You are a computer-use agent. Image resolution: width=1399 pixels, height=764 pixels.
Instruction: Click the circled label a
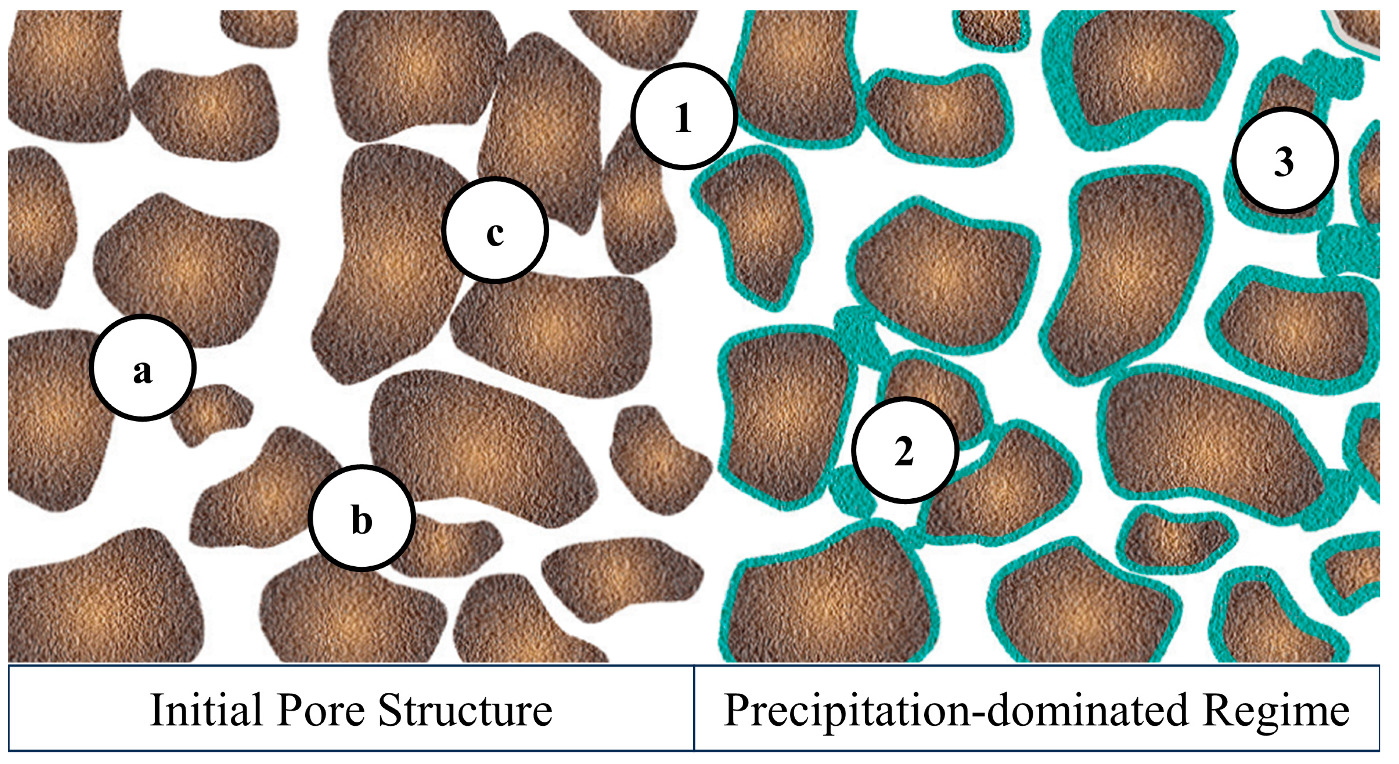pos(142,368)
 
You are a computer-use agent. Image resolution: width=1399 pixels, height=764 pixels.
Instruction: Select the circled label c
pos(495,230)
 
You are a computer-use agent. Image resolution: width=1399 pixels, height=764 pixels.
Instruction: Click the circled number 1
pos(684,116)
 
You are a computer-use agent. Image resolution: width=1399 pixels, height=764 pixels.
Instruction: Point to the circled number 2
pos(904,450)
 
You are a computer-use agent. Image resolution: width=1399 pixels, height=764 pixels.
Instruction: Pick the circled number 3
pos(1284,160)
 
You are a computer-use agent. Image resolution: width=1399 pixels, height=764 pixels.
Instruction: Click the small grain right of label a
pos(212,414)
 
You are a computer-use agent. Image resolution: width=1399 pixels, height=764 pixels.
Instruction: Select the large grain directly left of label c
pos(386,266)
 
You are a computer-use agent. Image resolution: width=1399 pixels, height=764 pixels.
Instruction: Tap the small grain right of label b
pos(445,546)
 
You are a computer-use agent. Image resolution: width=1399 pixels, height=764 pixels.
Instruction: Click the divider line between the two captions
pos(694,708)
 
